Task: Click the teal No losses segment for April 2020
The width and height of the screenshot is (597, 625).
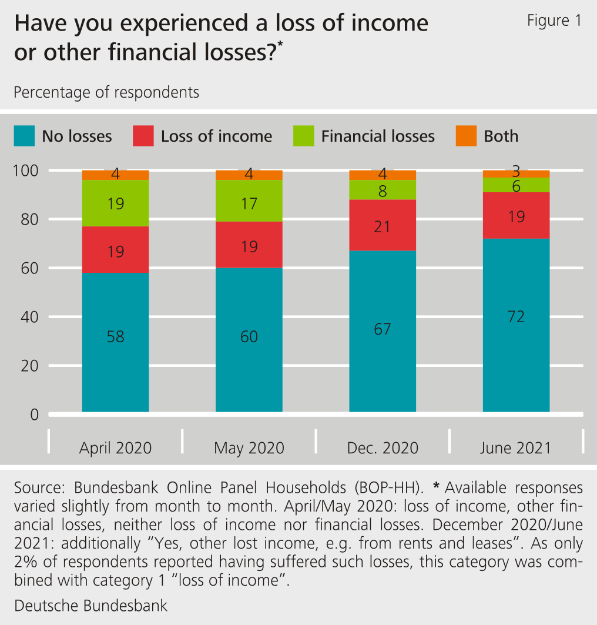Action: coord(115,365)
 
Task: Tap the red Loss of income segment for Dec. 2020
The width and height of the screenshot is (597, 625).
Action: coord(383,225)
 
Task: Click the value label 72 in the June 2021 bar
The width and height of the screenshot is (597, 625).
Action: coord(516,317)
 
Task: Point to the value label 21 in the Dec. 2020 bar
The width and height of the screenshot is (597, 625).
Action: coord(383,226)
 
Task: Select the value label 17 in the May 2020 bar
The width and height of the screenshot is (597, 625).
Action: coord(249,203)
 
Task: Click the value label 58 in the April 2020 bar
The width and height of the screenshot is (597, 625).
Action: coord(115,337)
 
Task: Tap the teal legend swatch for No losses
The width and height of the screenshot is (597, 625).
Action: coord(24,136)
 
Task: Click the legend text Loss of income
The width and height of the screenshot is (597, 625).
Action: coord(216,136)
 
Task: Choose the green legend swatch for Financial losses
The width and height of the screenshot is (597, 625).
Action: coord(304,136)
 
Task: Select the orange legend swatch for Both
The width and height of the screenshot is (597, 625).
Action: coord(466,136)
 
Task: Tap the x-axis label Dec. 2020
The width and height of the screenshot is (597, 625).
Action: coord(383,448)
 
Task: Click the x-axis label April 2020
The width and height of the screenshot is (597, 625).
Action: coord(115,448)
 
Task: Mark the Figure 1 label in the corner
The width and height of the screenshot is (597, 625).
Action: coord(554,21)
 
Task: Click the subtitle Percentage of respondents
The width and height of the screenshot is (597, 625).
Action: coord(106,93)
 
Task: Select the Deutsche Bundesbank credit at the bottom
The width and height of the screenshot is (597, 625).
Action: coord(90,605)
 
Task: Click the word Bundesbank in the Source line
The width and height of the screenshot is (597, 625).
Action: coord(115,488)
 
